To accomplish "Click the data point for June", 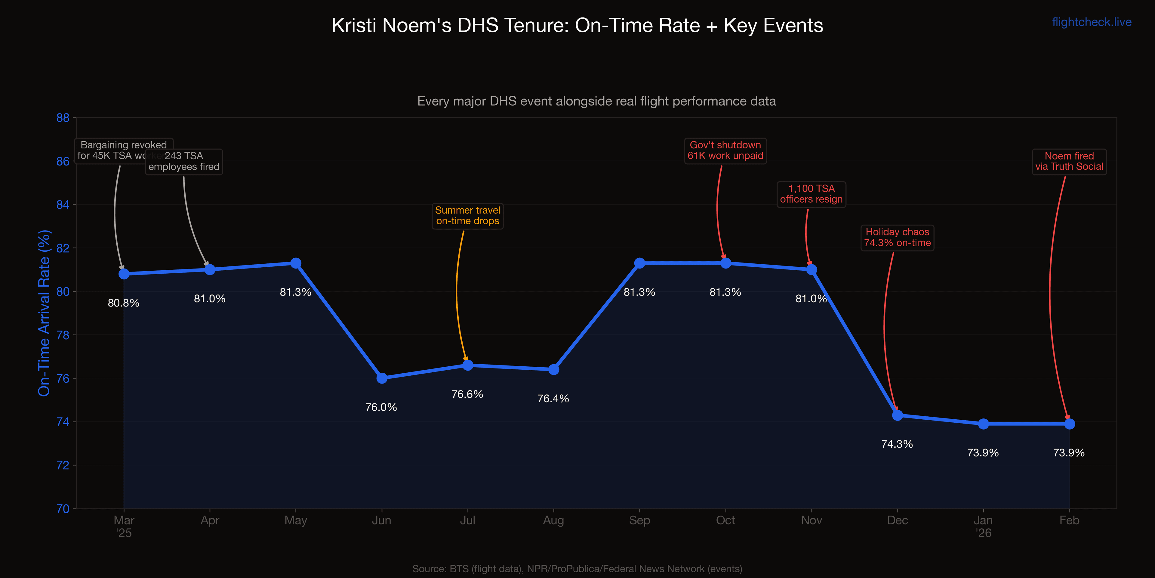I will coord(382,378).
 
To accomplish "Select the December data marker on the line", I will coord(897,415).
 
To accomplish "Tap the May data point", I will coord(295,263).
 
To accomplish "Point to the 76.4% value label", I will coord(553,399).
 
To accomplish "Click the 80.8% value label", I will coord(123,303).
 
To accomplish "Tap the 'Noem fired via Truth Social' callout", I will coord(1069,162).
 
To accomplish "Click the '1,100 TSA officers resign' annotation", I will coord(811,194).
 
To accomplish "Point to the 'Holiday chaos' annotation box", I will coord(897,238).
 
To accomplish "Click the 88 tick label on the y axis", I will coord(63,118).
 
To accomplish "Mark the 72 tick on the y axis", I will coord(63,465).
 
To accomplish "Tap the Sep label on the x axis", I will coord(639,521).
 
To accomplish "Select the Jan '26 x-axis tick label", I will coord(983,527).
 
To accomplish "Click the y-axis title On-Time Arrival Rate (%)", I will coord(45,313).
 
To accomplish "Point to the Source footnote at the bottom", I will coord(577,569).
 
